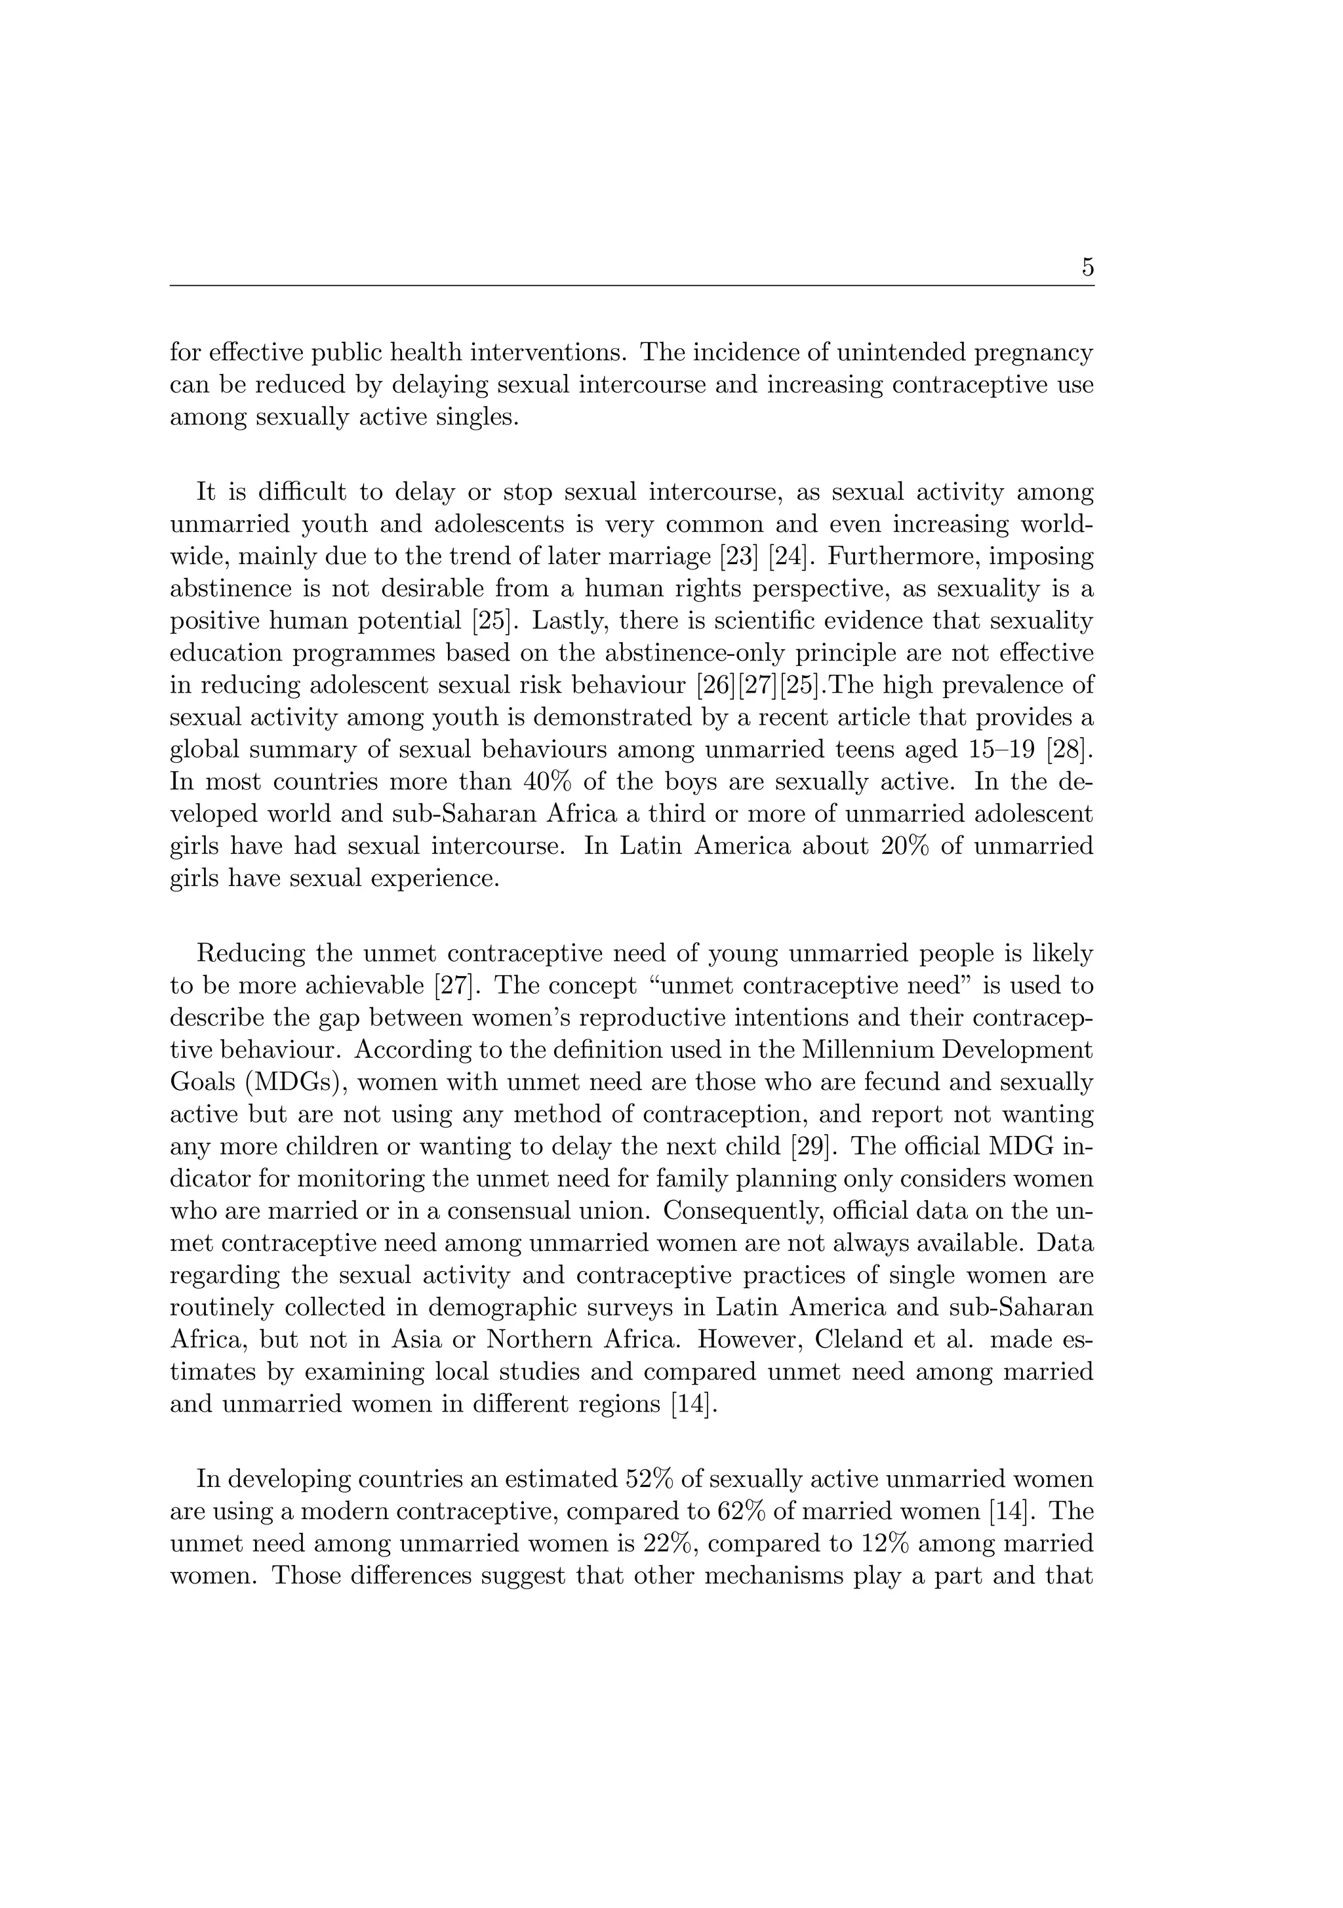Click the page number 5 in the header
[x=1087, y=268]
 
